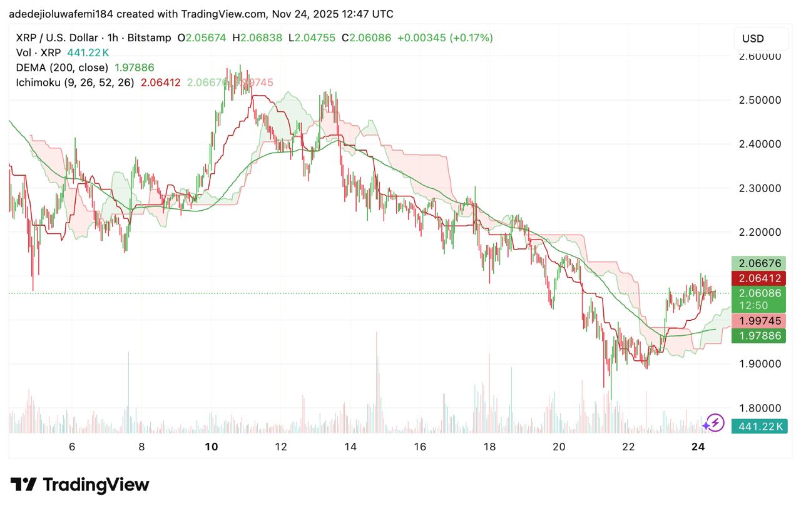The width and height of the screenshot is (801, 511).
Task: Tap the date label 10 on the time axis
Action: pos(212,447)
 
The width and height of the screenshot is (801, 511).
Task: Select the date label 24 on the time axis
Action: pos(698,447)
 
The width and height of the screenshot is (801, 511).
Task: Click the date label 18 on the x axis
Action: pos(489,447)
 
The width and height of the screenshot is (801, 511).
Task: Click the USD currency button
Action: pos(753,39)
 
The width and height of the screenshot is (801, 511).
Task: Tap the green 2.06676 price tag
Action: pos(759,263)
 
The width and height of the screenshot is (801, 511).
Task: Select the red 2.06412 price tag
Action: pos(759,278)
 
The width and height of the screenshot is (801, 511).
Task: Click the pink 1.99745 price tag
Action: pos(759,321)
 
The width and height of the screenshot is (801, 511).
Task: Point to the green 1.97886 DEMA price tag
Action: pos(759,336)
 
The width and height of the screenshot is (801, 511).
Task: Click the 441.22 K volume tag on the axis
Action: pos(759,427)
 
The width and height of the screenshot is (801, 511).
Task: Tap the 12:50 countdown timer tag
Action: pos(753,306)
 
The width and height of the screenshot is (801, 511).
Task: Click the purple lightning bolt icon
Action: pos(713,423)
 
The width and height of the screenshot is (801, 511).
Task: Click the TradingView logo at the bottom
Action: pos(80,485)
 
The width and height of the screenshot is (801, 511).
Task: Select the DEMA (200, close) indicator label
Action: pos(62,68)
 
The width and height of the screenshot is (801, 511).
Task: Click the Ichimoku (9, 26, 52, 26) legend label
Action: pos(75,83)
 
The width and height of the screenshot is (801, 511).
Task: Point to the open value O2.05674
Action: pos(202,38)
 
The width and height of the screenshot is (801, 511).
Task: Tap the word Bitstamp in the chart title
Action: pos(149,38)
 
